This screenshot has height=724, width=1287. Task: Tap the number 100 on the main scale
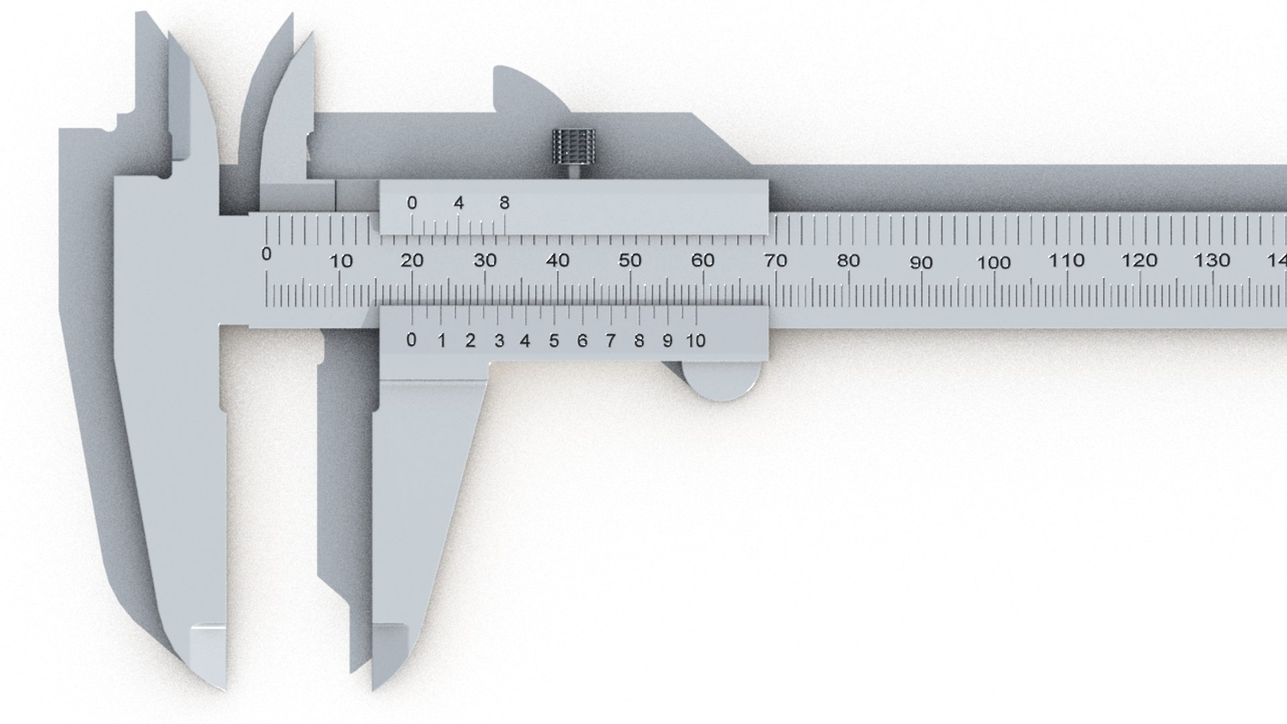pyautogui.click(x=993, y=262)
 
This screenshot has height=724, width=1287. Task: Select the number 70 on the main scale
pyautogui.click(x=775, y=260)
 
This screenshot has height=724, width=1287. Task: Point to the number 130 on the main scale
pyautogui.click(x=1212, y=260)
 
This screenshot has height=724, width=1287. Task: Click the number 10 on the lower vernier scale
pyautogui.click(x=696, y=341)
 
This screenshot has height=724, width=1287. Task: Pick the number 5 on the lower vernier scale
pyautogui.click(x=554, y=341)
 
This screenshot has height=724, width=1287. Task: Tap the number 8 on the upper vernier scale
pyautogui.click(x=505, y=202)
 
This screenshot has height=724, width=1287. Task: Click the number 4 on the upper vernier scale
pyautogui.click(x=458, y=202)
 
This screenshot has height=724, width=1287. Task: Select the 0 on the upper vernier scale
pyautogui.click(x=412, y=202)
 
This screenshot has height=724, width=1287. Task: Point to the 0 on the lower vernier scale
pyautogui.click(x=411, y=340)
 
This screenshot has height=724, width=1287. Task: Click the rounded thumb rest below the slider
pyautogui.click(x=723, y=382)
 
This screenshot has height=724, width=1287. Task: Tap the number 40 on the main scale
pyautogui.click(x=558, y=260)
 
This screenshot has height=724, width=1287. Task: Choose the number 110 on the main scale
pyautogui.click(x=1066, y=260)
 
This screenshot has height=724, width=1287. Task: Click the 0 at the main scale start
pyautogui.click(x=267, y=254)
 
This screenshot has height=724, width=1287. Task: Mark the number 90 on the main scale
pyautogui.click(x=921, y=262)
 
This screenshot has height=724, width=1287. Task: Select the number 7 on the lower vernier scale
pyautogui.click(x=610, y=341)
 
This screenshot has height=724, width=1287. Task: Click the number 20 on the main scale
pyautogui.click(x=412, y=260)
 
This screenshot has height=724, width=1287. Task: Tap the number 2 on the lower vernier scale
pyautogui.click(x=470, y=341)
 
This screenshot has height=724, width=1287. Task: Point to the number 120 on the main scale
pyautogui.click(x=1140, y=260)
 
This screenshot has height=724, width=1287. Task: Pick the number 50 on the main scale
pyautogui.click(x=629, y=260)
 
